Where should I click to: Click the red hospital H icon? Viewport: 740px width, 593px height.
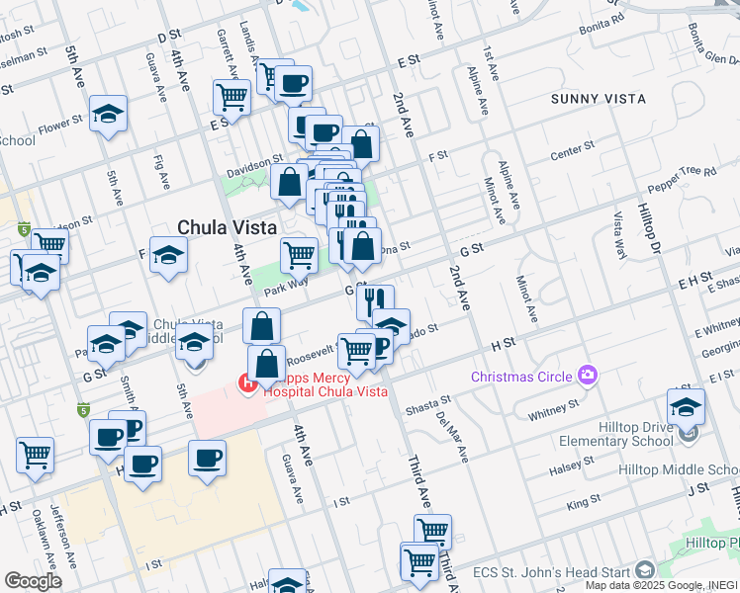click(247, 382)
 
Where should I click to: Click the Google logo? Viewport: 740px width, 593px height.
click(33, 580)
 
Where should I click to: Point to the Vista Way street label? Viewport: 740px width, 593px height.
click(619, 234)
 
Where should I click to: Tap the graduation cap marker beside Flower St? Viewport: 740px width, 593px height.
click(108, 116)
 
